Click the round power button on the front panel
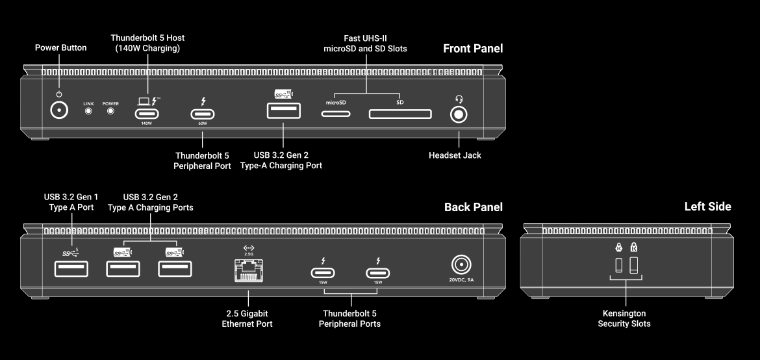point(60,110)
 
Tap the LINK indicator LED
point(89,110)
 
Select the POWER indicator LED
point(110,110)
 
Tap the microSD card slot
point(336,114)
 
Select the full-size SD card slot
point(400,114)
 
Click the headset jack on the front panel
point(459,114)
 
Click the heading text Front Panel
point(472,49)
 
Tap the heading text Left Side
point(707,207)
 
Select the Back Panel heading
point(473,207)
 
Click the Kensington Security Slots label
point(624,318)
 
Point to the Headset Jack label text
point(455,156)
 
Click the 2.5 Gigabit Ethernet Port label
point(247,318)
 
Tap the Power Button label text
point(60,47)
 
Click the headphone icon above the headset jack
point(459,99)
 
